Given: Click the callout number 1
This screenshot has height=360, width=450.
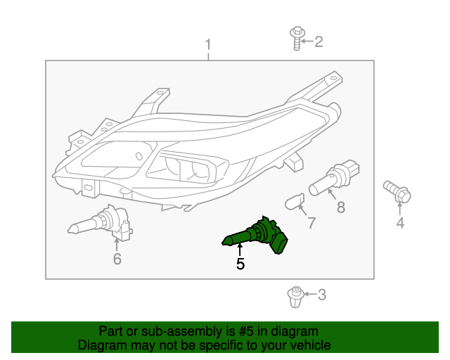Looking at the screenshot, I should point(207,46).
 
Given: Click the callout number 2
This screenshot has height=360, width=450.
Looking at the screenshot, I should point(319,42).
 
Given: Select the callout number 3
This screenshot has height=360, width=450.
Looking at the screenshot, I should point(322,295).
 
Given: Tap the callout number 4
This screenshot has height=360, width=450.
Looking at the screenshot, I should point(400,224).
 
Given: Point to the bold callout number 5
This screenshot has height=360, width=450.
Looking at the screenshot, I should point(240,264).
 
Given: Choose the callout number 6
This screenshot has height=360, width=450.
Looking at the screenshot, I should point(117,259).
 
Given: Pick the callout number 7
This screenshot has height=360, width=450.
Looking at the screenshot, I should point(311,223).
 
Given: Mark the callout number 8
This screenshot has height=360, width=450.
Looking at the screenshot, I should point(341,207).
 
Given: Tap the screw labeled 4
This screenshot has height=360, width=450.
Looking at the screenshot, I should point(397,191).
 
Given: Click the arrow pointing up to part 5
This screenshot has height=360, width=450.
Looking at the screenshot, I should point(240,249).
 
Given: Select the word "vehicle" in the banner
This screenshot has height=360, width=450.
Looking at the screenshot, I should point(309,345).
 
